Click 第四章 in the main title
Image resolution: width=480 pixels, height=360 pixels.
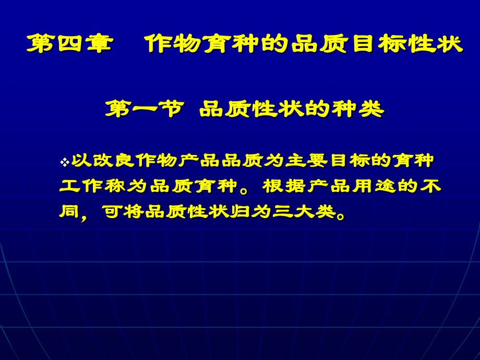click(x=70, y=43)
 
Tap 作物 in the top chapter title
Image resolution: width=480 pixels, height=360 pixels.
click(x=173, y=43)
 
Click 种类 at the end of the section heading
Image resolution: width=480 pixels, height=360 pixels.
click(x=358, y=109)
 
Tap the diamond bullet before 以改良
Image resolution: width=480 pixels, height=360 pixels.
click(x=65, y=162)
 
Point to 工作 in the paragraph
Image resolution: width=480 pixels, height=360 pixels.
click(x=81, y=186)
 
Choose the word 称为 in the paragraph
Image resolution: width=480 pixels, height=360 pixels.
click(x=127, y=186)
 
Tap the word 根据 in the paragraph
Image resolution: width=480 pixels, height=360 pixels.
click(x=285, y=186)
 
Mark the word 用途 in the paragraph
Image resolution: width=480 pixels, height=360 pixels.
click(x=375, y=186)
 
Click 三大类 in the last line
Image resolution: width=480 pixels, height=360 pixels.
click(x=304, y=211)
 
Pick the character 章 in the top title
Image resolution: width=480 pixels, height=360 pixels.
click(x=100, y=43)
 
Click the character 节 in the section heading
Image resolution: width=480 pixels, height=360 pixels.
click(x=172, y=109)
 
